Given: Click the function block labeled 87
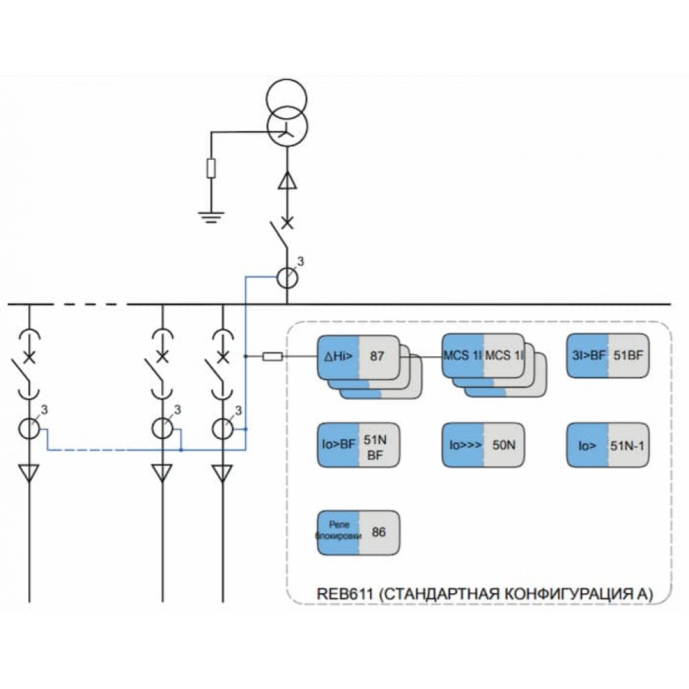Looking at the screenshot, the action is (358, 356).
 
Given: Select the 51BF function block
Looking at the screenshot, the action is (608, 356).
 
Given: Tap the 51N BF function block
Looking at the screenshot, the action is (358, 444).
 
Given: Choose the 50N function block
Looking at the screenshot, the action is (483, 444).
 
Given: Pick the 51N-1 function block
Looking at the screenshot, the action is (608, 444).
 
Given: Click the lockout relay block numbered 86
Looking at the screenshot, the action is (358, 533).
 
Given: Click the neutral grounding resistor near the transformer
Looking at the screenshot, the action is (212, 168).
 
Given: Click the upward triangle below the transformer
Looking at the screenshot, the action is (287, 180).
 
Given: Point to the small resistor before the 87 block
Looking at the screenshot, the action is (272, 356).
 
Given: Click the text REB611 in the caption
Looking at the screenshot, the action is (345, 594).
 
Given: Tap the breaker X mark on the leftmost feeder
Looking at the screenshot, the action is (29, 357).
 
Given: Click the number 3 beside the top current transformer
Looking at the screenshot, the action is (300, 261).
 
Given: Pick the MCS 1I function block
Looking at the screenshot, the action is (483, 356).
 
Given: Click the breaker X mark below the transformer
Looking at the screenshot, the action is (287, 223).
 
